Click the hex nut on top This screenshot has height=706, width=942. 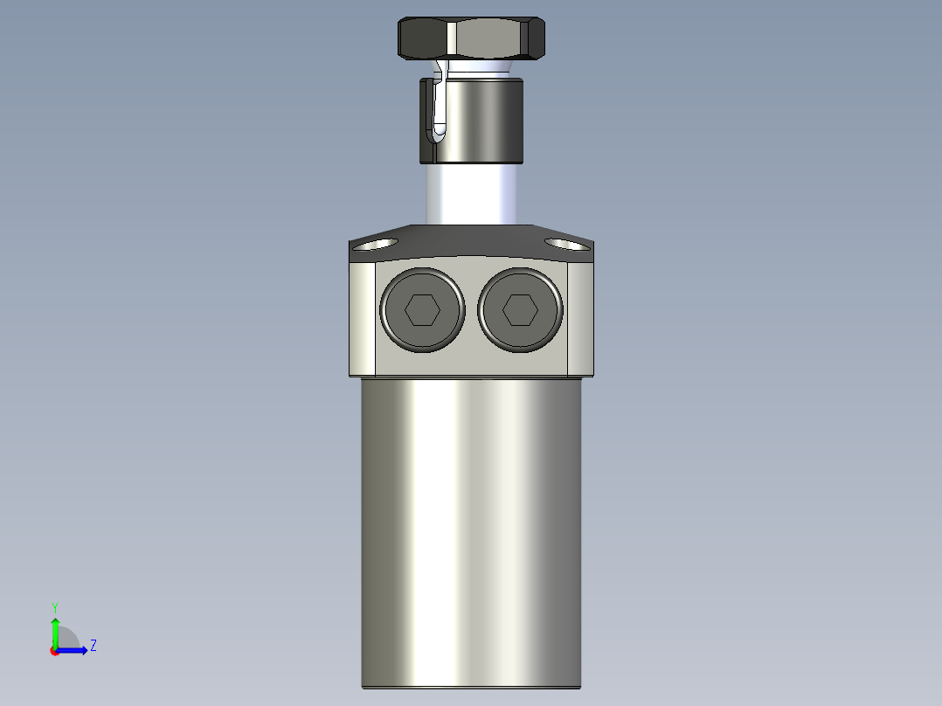pyautogui.click(x=472, y=38)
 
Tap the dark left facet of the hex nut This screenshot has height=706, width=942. pyautogui.click(x=422, y=38)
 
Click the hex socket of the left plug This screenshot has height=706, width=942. pyautogui.click(x=422, y=309)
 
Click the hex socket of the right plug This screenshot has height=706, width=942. pyautogui.click(x=520, y=309)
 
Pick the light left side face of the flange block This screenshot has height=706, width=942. pyautogui.click(x=362, y=318)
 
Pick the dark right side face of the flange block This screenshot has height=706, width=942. pyautogui.click(x=581, y=318)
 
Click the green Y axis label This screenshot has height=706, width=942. pyautogui.click(x=54, y=606)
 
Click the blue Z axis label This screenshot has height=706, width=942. pyautogui.click(x=93, y=646)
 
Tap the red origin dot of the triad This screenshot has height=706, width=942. pyautogui.click(x=54, y=651)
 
